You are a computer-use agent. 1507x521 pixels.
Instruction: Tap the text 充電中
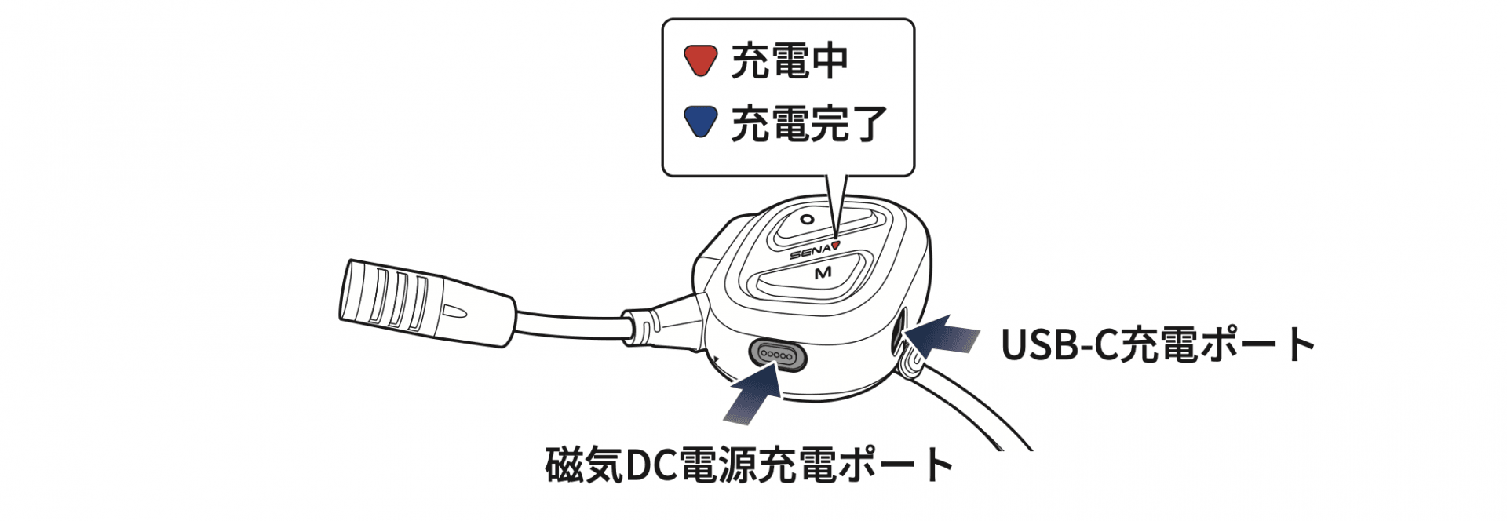tap(790, 61)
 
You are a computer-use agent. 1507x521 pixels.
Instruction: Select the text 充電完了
tap(809, 123)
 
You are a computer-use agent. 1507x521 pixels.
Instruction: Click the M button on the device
tap(821, 274)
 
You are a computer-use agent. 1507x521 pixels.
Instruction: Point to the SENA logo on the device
tap(809, 252)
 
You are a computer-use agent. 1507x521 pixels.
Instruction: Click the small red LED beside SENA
tap(836, 244)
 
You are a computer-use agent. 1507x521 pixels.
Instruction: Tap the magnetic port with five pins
tap(777, 355)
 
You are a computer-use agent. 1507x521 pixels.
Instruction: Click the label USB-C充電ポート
tap(1158, 344)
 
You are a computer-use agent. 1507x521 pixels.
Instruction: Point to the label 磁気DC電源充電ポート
tap(750, 465)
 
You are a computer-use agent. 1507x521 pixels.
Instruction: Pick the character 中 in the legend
tap(829, 61)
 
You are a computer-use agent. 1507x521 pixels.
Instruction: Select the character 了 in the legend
tap(868, 123)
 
